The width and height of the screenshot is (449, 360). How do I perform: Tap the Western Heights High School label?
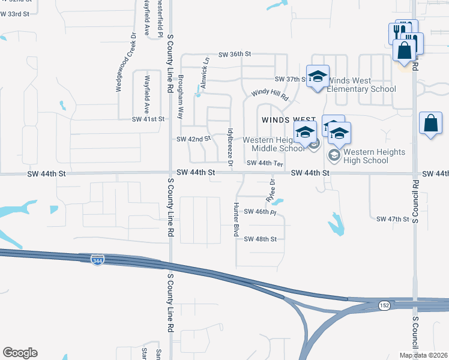[x=367, y=156]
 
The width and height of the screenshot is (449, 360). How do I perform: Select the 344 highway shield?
[x=97, y=260]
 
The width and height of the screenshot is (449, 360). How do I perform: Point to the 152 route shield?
[x=384, y=305]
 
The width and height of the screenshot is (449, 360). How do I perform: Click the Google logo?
[x=20, y=353]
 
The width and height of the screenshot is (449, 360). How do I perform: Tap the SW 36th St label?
[x=234, y=54]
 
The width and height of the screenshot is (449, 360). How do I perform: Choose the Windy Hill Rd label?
[x=270, y=94]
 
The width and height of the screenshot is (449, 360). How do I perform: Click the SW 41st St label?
[x=148, y=119]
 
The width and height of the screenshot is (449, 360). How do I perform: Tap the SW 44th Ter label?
[x=265, y=163]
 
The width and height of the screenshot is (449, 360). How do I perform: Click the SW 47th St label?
[x=392, y=219]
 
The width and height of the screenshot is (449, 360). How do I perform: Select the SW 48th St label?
[x=260, y=239]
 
